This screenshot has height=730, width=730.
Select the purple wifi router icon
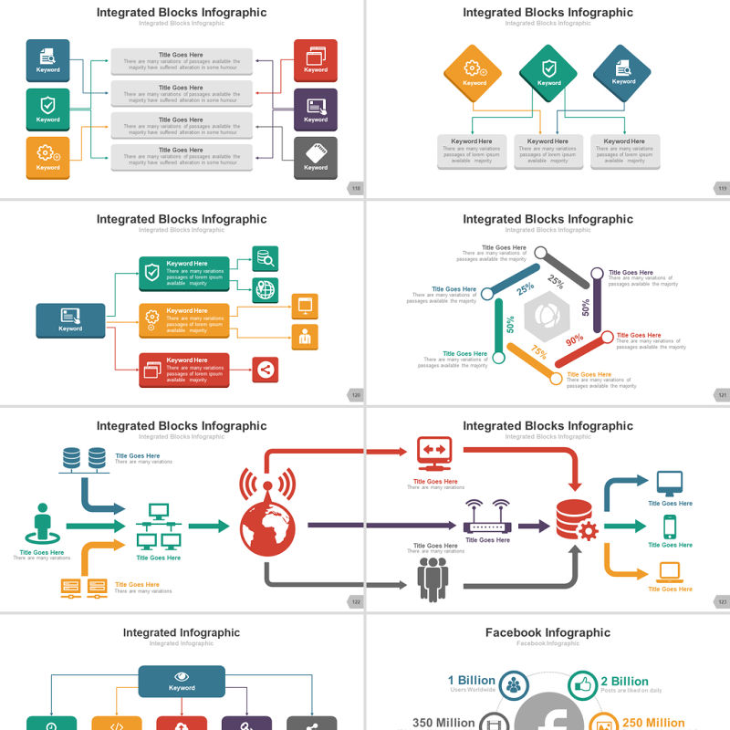(x=487, y=518)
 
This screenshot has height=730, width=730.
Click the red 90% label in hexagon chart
(x=575, y=340)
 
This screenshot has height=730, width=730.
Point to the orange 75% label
(x=539, y=353)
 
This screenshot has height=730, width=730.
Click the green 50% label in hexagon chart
(x=510, y=324)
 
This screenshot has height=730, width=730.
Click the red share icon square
(x=265, y=370)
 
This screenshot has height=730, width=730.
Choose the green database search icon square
(x=265, y=258)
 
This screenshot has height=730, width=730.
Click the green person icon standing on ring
(x=42, y=525)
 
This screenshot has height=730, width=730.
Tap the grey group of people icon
(x=433, y=579)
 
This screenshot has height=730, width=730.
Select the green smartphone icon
(x=670, y=527)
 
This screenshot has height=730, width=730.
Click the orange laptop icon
(x=670, y=572)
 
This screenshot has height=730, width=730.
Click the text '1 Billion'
(x=471, y=681)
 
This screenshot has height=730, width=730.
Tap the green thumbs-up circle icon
(x=581, y=684)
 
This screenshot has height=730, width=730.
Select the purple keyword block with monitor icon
(x=316, y=109)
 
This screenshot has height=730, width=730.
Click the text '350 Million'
(x=444, y=723)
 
